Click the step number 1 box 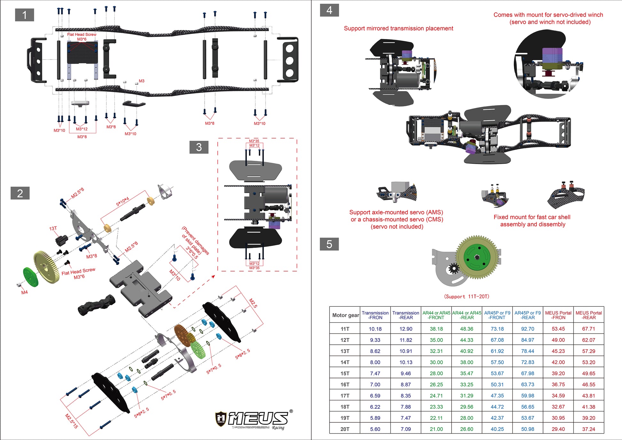(24, 15)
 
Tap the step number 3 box (199, 147)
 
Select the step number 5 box (329, 244)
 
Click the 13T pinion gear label (53, 228)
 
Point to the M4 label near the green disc (24, 292)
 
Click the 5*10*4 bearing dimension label (122, 201)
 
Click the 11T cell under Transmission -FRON (375, 329)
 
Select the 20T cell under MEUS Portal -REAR (588, 429)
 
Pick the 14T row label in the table (345, 362)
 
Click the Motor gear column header (345, 315)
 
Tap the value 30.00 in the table (436, 362)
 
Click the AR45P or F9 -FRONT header (497, 315)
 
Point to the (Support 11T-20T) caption (466, 296)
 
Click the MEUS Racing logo (254, 419)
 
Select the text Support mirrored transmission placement (398, 28)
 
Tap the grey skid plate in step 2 (141, 286)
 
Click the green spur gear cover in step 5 (477, 257)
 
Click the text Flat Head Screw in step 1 (82, 35)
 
